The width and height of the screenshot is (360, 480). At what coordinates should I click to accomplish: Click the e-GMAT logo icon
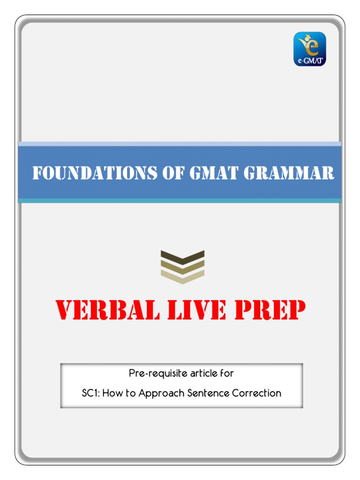[309, 49]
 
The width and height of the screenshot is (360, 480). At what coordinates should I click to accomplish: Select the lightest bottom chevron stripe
[182, 277]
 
